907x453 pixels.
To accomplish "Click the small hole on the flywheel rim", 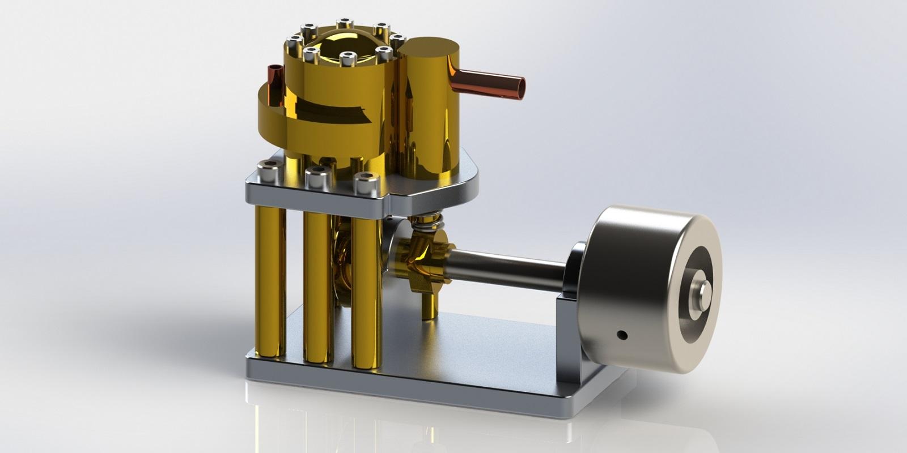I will [x=622, y=335].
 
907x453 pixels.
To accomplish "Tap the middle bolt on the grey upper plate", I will [x=316, y=176].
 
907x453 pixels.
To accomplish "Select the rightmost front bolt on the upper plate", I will [x=366, y=181].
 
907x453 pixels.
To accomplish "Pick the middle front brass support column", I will [x=317, y=289].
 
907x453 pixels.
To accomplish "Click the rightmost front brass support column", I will [x=366, y=294].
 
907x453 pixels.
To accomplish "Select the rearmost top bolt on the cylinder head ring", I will [x=344, y=23].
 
